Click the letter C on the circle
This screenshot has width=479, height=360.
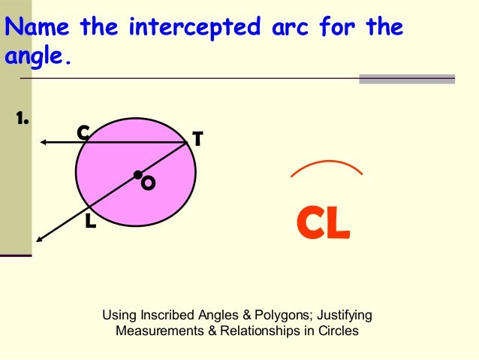(83, 133)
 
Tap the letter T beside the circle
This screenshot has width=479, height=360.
(197, 139)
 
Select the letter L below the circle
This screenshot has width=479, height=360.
(91, 222)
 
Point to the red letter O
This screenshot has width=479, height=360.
(149, 183)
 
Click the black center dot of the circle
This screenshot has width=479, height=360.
(137, 175)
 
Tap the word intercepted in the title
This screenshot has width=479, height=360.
(197, 29)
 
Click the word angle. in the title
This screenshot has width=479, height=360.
(38, 56)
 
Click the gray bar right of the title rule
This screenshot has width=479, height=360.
(407, 78)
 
